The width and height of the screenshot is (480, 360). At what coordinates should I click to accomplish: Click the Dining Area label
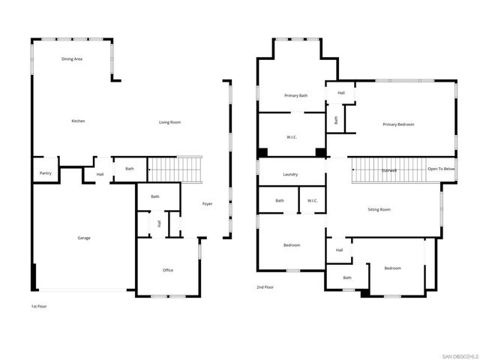pos(72,58)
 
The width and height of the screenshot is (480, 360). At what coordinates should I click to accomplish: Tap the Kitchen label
pos(78,121)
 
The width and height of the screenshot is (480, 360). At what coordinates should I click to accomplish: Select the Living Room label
pos(169,122)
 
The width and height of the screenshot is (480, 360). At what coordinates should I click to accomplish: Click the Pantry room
pos(45,173)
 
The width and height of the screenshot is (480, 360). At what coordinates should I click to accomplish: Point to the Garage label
pos(84,238)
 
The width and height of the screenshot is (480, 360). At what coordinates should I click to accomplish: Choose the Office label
pos(168,270)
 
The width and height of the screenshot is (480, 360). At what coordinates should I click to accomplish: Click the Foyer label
pos(208,204)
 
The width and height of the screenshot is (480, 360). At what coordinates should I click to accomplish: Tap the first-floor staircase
pos(175,169)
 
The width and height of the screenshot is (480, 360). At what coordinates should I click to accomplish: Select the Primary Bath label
pos(296,96)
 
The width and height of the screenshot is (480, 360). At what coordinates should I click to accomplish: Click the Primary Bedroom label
pos(398,124)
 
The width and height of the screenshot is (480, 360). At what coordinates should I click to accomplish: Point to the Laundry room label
pos(291,175)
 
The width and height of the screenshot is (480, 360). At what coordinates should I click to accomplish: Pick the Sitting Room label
pos(379,210)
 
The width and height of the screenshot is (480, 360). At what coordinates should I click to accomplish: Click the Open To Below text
pos(441,169)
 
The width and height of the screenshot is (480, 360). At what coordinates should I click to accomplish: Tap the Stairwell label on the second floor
pos(388,170)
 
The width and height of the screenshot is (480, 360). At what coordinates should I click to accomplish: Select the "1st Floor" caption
pos(39,307)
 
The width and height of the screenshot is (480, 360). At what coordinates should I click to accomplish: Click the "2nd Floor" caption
pos(265,287)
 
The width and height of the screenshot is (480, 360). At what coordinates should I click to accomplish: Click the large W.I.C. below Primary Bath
pos(292,137)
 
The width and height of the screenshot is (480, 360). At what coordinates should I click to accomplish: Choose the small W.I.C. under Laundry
pos(312,200)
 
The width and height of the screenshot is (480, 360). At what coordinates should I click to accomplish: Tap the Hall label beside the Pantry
pos(100,175)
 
